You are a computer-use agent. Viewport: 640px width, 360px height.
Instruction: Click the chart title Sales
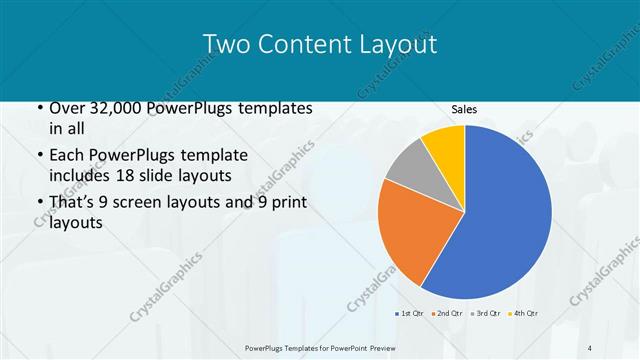pyautogui.click(x=464, y=109)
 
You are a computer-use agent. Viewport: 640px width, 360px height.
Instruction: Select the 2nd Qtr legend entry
pyautogui.click(x=446, y=314)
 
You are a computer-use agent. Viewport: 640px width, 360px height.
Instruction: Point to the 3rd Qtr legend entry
pyautogui.click(x=487, y=314)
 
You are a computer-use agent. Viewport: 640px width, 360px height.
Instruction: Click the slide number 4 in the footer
pyautogui.click(x=590, y=347)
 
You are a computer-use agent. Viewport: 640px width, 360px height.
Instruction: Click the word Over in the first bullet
pyautogui.click(x=65, y=108)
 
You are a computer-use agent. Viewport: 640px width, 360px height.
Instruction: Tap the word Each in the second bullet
pyautogui.click(x=66, y=156)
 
